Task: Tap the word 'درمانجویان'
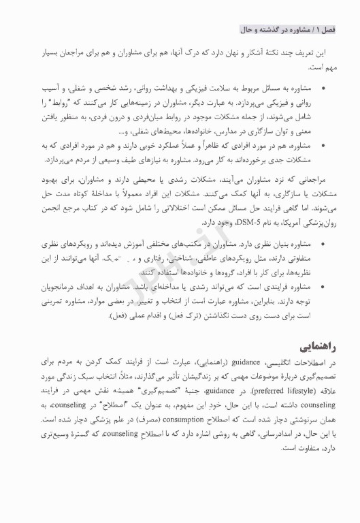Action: pos(61,287)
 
